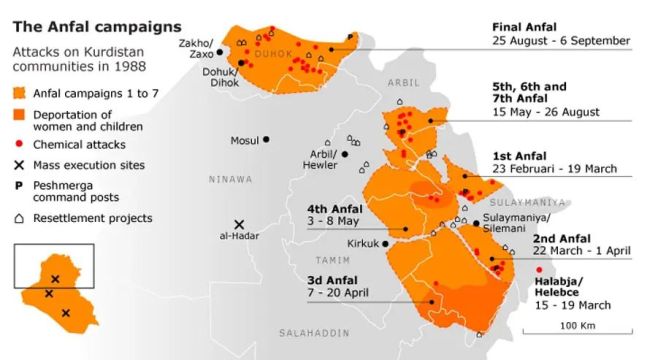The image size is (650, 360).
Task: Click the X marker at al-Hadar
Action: [x=239, y=225]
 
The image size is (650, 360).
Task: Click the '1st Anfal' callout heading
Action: [x=520, y=157]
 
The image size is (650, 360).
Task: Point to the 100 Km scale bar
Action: [x=575, y=326]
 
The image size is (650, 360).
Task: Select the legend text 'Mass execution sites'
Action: [x=89, y=165]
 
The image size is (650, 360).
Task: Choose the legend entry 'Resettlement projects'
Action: [x=92, y=217]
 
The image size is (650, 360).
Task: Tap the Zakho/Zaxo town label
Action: [x=196, y=48]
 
